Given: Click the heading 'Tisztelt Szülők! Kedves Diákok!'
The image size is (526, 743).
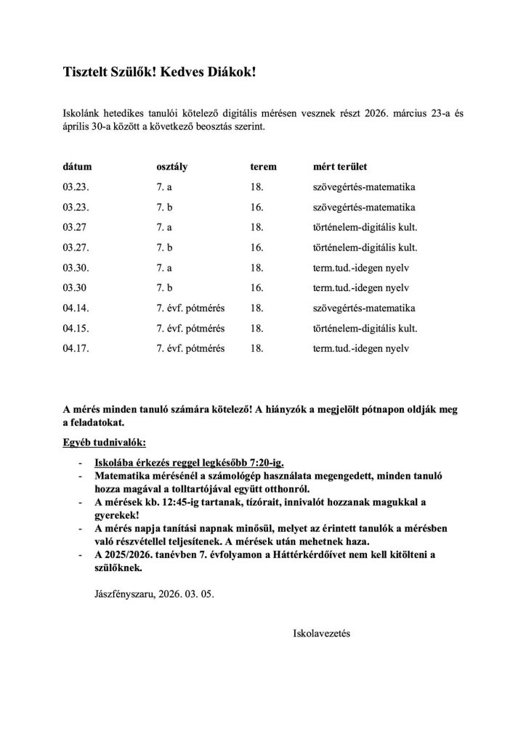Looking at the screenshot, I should [x=159, y=73].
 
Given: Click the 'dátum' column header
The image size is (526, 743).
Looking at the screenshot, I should [x=77, y=166].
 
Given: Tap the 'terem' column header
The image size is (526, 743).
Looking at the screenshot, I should [x=263, y=166].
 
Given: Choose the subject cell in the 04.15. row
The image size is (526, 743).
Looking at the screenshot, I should [x=364, y=328].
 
